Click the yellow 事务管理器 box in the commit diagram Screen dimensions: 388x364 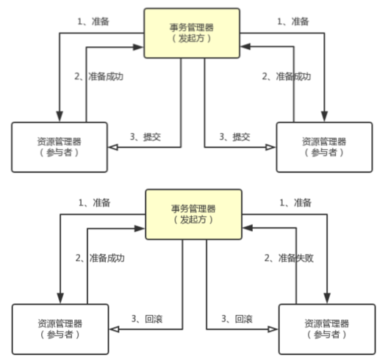[x=192, y=33]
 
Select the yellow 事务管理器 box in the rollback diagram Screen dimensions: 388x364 [x=193, y=214]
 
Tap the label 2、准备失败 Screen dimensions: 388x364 [x=289, y=258]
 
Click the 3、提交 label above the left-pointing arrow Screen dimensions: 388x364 [x=145, y=136]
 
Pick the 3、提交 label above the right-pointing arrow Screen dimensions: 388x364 [x=234, y=136]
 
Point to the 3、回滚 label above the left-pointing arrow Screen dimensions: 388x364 [x=147, y=318]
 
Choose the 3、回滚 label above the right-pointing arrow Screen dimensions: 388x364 [x=237, y=318]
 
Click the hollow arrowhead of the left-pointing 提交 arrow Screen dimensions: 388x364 [x=113, y=148]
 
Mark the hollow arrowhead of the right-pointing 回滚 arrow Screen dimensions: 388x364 [x=273, y=330]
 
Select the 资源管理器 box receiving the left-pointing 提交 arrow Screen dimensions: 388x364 [x=60, y=147]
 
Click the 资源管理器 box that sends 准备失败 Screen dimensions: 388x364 [x=327, y=330]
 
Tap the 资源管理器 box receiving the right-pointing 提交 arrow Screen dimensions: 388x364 [x=324, y=147]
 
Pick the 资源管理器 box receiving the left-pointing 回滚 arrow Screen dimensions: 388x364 [x=60, y=330]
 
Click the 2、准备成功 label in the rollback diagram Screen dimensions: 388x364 [x=100, y=258]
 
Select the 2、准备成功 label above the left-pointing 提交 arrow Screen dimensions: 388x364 [x=98, y=76]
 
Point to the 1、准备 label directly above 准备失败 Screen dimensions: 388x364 [x=295, y=203]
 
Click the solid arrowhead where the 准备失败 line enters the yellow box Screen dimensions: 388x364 [x=248, y=227]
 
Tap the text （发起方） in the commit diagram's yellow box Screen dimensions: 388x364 [x=192, y=38]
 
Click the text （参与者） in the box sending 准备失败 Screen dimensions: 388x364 [x=326, y=335]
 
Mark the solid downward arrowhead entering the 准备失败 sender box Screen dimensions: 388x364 [x=327, y=299]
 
